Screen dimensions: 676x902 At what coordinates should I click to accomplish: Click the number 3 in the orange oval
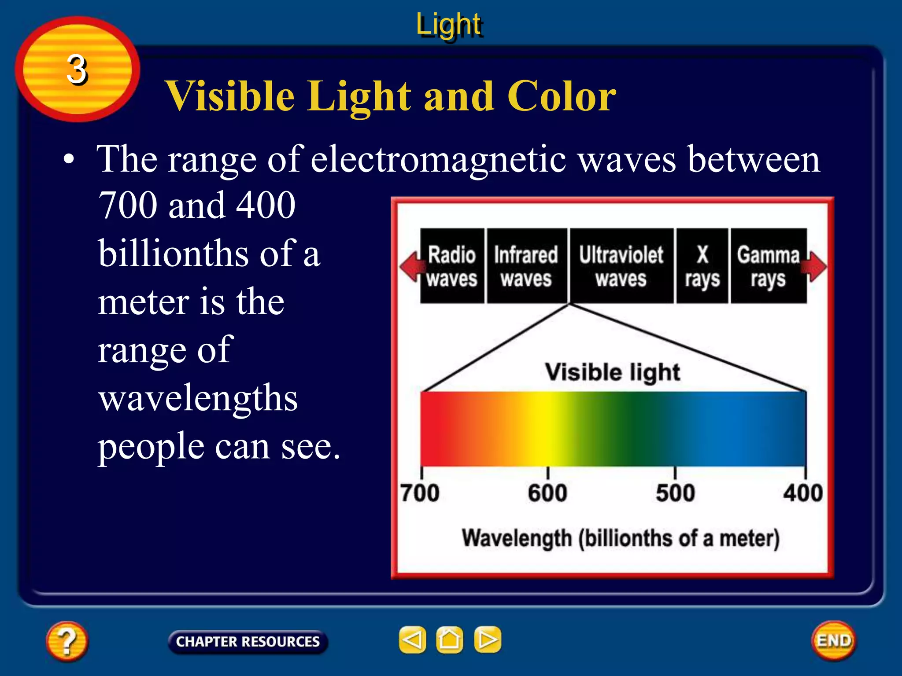point(77,70)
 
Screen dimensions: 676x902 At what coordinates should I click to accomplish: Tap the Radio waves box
point(452,266)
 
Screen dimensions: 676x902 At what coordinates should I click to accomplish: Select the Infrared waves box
point(526,266)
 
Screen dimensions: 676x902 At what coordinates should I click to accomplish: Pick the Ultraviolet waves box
point(621,266)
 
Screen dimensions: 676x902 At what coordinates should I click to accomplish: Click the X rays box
point(702,266)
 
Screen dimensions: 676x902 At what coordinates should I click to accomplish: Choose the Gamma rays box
point(768,266)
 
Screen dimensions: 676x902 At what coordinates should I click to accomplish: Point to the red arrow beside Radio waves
point(410,266)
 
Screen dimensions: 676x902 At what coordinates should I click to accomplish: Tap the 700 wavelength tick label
point(419,493)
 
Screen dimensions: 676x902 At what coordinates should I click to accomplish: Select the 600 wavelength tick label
point(547,493)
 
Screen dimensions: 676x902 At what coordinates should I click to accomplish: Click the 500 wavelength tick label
point(675,493)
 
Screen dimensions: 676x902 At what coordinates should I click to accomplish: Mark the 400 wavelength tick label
point(802,493)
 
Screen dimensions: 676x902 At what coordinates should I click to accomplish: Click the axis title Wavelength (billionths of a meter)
point(620,538)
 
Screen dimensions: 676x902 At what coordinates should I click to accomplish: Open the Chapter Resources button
point(248,642)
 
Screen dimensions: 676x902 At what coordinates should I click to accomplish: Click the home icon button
point(449,639)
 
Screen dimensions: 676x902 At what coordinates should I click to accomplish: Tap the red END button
point(833,640)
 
